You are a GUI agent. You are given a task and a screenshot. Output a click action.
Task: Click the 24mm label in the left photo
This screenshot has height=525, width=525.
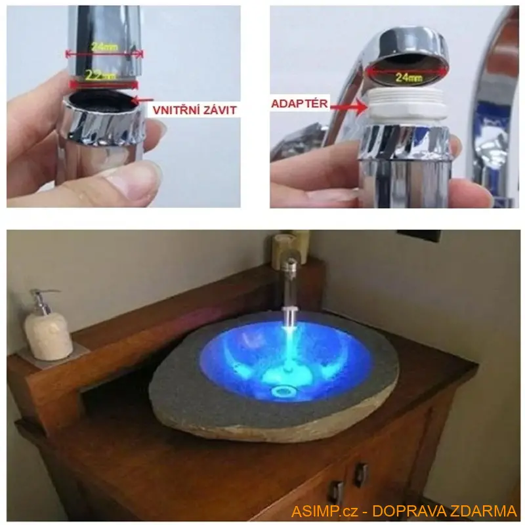(x=104, y=47)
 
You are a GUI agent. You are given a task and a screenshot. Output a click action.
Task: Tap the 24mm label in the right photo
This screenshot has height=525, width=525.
(x=408, y=77)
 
